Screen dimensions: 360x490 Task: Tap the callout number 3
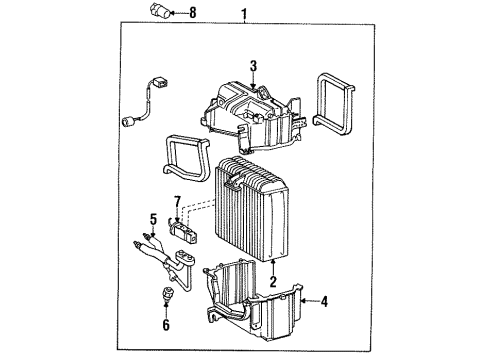(x=254, y=67)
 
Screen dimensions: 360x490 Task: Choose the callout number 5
(x=154, y=219)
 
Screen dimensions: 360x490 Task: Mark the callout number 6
(x=166, y=325)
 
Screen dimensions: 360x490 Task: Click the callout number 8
(x=193, y=13)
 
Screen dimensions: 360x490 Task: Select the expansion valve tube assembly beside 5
(x=170, y=265)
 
